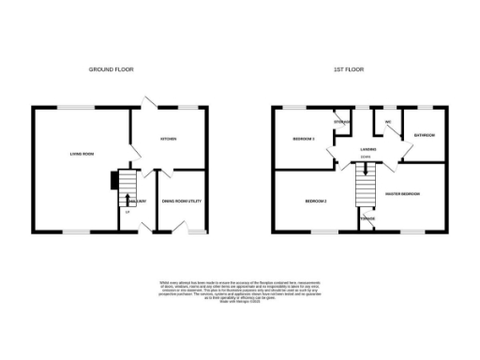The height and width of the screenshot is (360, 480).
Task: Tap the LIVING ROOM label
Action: (82, 155)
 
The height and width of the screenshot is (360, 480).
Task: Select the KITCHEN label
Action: (169, 140)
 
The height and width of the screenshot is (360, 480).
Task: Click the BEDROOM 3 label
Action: (303, 139)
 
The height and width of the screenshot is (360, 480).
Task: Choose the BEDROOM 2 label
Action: (315, 202)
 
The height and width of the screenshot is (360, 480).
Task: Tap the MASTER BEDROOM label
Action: (402, 194)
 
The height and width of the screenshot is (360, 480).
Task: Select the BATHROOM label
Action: (425, 135)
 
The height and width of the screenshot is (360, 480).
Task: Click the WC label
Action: (386, 122)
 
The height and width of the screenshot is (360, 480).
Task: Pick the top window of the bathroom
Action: (427, 107)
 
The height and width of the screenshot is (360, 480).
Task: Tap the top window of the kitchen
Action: (187, 107)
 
